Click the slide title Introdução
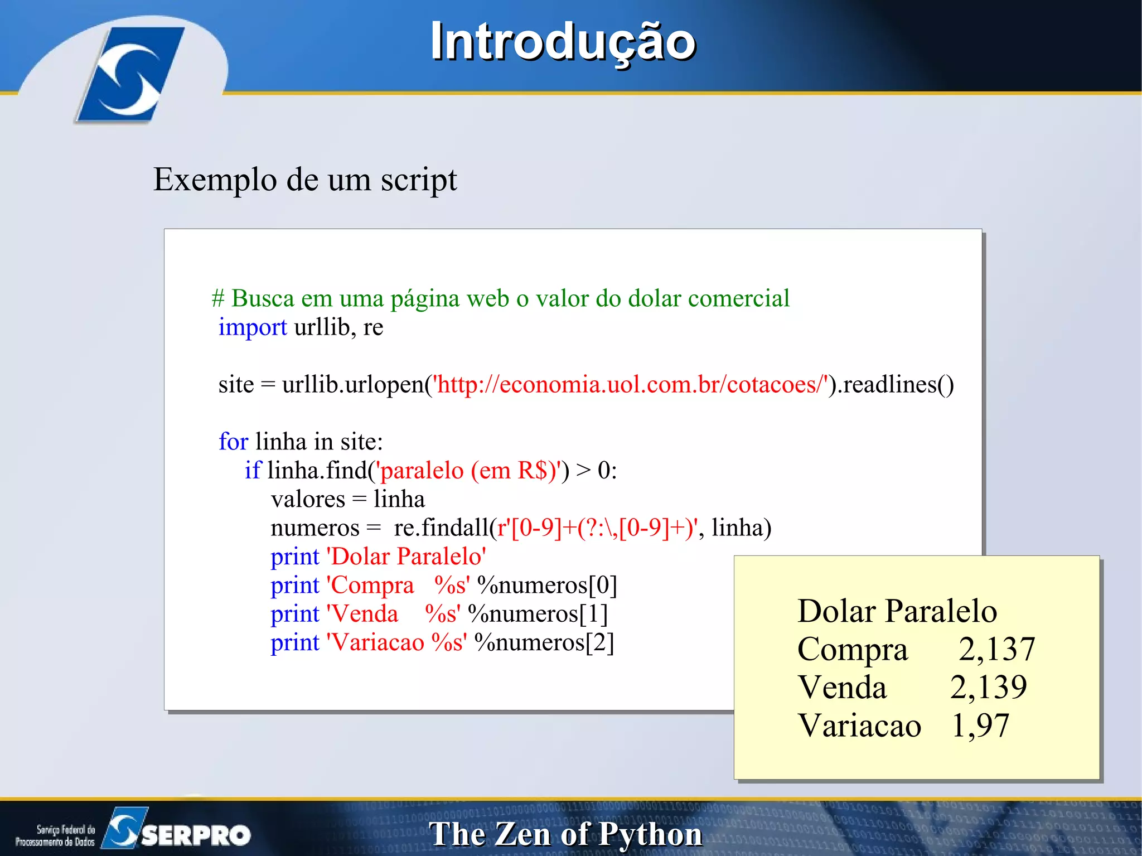point(563,42)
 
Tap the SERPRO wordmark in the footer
point(195,835)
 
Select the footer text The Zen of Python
point(565,834)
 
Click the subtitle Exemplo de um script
point(305,180)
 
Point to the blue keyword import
point(253,327)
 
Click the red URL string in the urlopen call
point(631,385)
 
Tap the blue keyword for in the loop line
point(233,442)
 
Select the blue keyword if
point(253,471)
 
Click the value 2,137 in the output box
point(996,649)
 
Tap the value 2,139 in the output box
point(988,687)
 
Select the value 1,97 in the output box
point(980,726)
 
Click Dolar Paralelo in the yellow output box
point(897,611)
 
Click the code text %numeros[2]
point(544,642)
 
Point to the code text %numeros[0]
point(547,586)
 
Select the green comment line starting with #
point(501,298)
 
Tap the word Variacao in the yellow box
point(859,726)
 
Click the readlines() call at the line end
point(898,385)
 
